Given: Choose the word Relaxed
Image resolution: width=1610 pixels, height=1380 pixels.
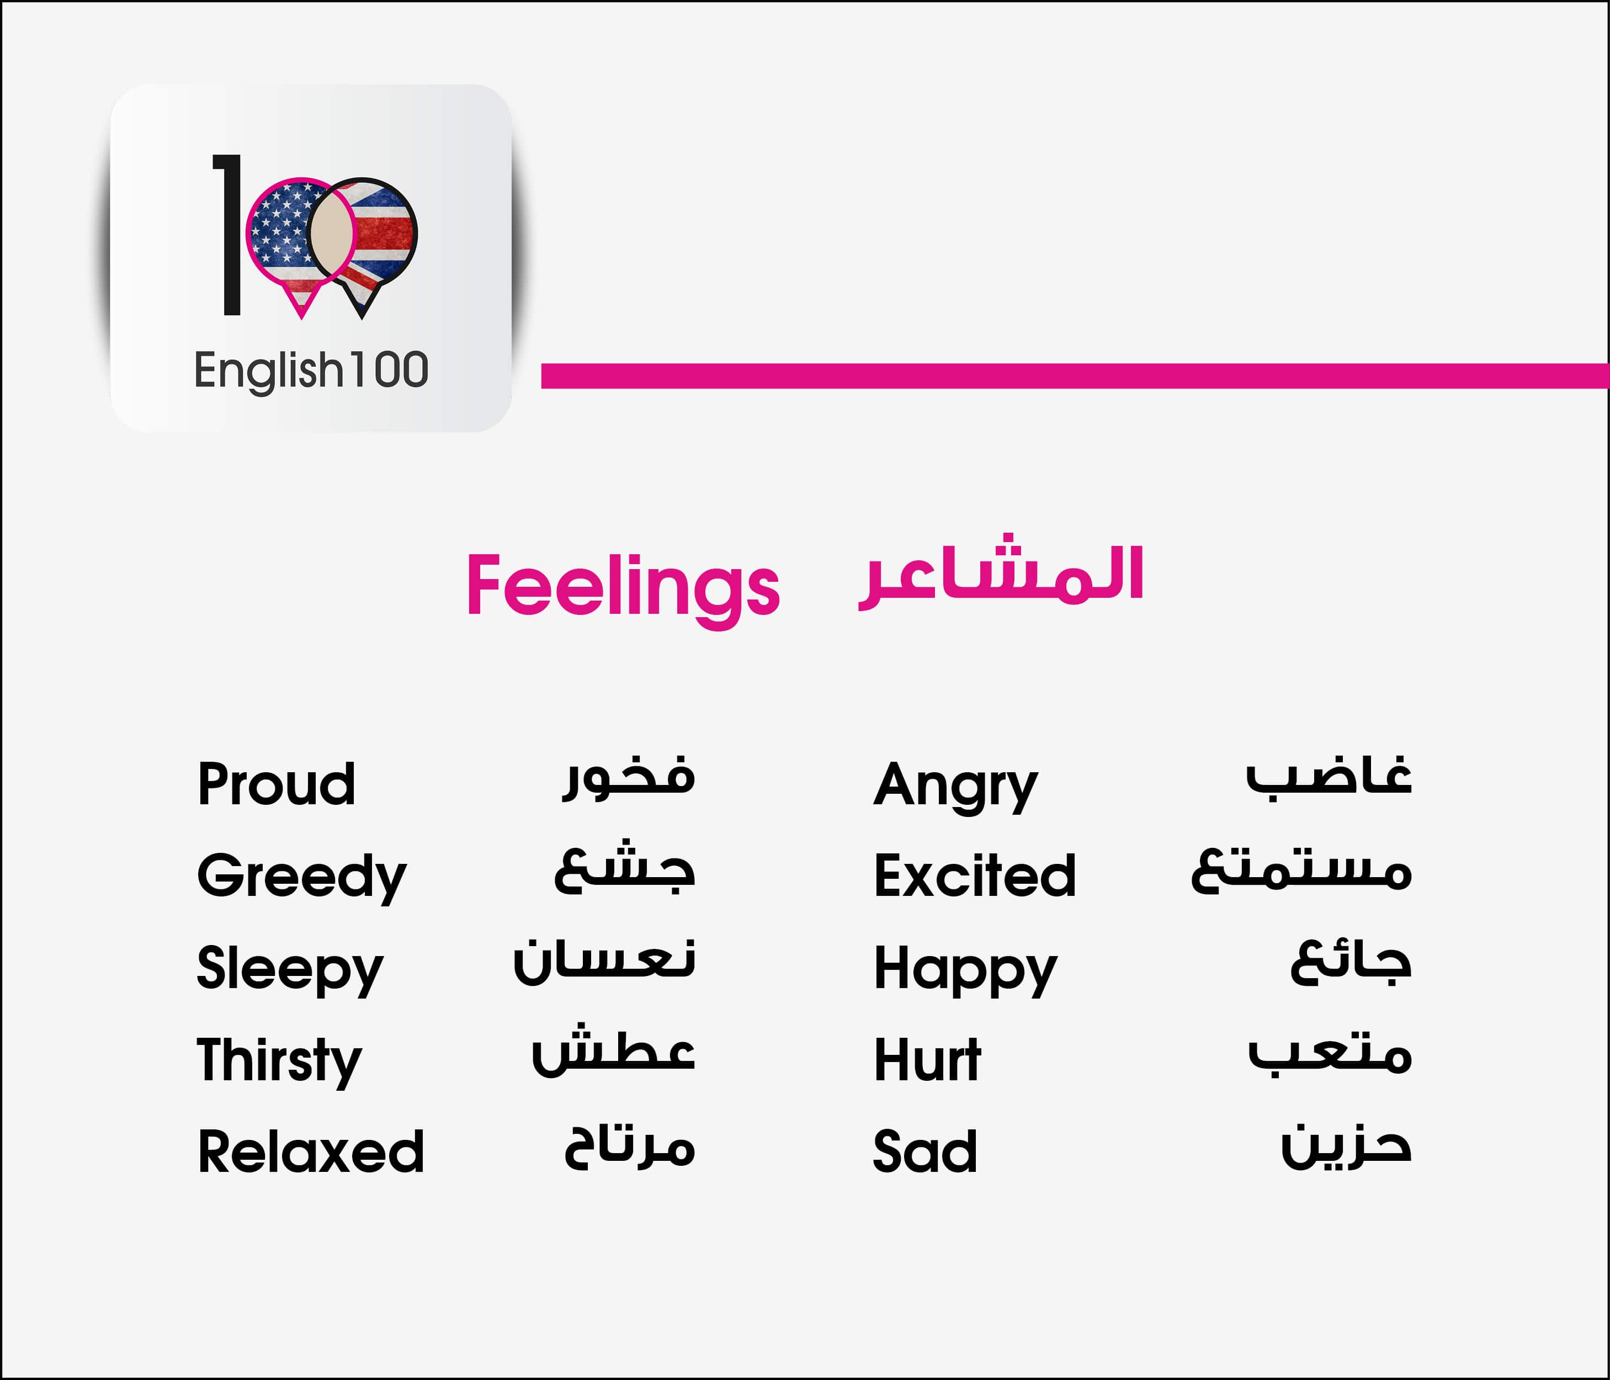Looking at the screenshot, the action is pyautogui.click(x=311, y=1151).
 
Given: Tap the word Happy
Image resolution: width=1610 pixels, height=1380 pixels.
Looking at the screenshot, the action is pyautogui.click(x=965, y=970).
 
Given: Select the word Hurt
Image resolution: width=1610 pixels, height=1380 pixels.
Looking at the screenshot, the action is pyautogui.click(x=928, y=1059).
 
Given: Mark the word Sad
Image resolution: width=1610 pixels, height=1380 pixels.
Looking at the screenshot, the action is pyautogui.click(x=924, y=1151).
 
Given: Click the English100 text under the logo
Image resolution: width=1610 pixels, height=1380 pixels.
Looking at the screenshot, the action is pyautogui.click(x=311, y=370).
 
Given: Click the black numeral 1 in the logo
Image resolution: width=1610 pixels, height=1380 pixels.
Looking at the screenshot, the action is pyautogui.click(x=229, y=235).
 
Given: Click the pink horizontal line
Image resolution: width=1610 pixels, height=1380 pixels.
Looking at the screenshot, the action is pyautogui.click(x=1075, y=375).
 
